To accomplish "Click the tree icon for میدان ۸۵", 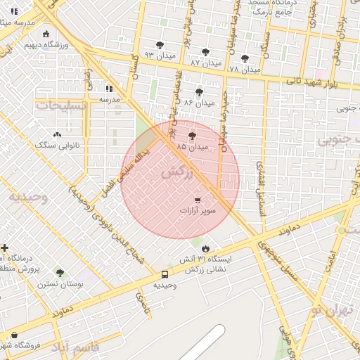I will point(192,134).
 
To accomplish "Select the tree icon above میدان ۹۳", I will point(160,44).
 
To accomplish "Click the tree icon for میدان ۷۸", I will point(245,58).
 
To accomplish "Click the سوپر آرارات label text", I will point(198,210).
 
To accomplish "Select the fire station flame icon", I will point(205,248).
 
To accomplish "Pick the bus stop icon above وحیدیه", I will point(165,274).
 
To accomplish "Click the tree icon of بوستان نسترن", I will point(58,271).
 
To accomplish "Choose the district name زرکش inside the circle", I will point(176,173).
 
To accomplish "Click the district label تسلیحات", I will point(62,105).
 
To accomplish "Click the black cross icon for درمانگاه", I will point(5,247).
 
